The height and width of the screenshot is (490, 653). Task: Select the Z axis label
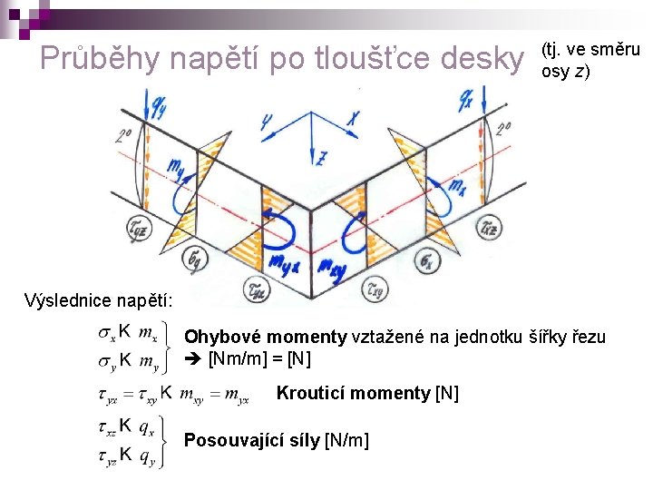321,158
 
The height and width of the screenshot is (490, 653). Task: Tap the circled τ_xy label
375,290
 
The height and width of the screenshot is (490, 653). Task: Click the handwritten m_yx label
286,262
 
